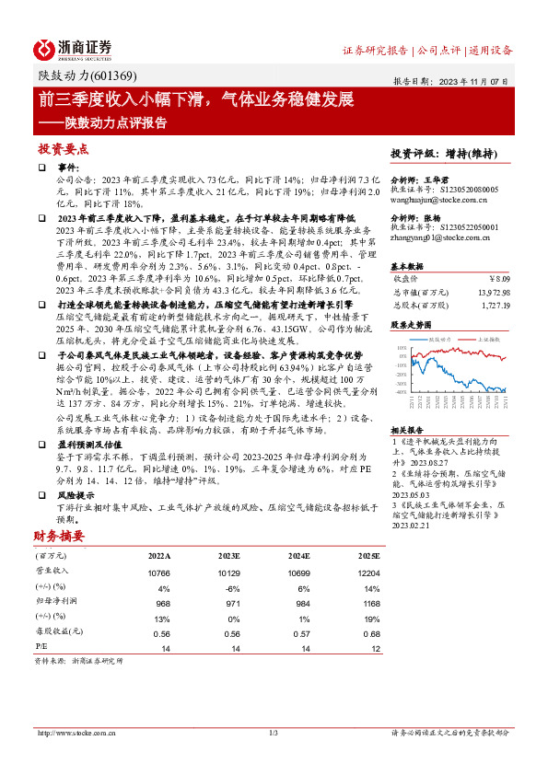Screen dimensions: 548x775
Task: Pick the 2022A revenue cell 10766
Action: coord(158,572)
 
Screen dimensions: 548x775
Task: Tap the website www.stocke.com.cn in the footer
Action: coord(66,733)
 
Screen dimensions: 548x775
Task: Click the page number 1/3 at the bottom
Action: coord(274,733)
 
